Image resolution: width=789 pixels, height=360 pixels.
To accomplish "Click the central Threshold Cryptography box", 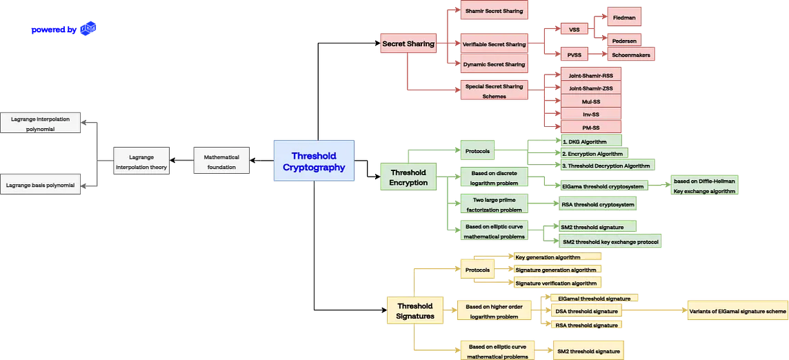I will point(314,161).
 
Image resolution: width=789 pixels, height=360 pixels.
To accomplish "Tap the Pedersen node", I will point(624,40).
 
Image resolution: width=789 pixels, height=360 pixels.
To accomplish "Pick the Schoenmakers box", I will point(630,54).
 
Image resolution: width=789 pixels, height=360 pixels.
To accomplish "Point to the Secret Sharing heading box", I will point(408,44).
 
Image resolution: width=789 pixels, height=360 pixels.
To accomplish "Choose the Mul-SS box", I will point(590,101).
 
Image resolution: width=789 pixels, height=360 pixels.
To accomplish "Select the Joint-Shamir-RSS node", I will point(590,75).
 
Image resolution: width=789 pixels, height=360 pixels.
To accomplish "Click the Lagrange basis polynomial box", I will point(41,185).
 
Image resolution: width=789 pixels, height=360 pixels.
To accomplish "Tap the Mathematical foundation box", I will point(221,162).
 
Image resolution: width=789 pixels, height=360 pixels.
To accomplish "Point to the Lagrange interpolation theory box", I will point(141,162).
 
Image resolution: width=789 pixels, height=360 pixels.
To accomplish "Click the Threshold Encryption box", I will point(408,177).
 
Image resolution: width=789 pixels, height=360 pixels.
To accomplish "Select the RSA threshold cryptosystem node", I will point(597,203).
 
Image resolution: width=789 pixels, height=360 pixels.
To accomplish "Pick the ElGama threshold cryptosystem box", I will point(603,186).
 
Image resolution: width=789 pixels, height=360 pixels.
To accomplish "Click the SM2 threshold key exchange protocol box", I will point(611,241).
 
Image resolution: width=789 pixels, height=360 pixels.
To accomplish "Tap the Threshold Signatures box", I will point(415,311).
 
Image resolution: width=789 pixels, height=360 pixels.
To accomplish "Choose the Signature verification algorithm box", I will point(556,283).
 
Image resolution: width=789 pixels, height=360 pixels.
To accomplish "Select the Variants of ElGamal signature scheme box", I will point(737,311).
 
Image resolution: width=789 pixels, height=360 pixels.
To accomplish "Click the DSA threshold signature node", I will point(587,311).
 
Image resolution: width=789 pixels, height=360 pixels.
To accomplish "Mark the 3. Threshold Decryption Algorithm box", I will point(606,166).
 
